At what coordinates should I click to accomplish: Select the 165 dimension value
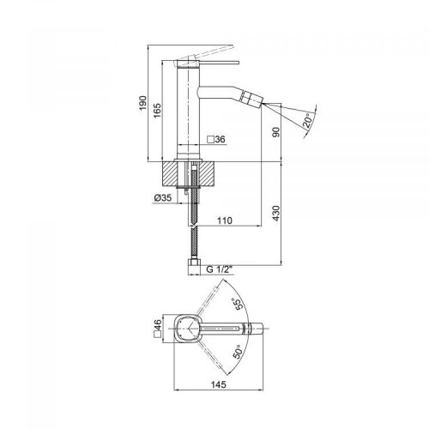coord(157,112)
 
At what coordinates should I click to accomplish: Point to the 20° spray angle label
coord(308,123)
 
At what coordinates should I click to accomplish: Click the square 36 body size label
coord(216,140)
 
